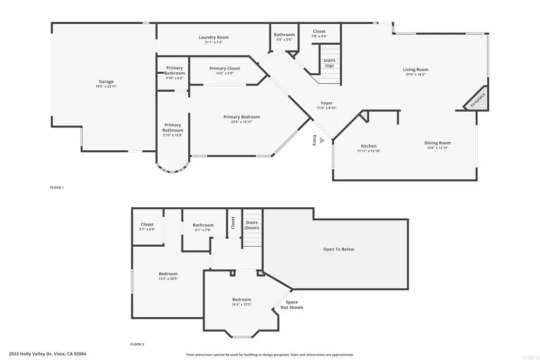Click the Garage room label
pyautogui.click(x=106, y=82)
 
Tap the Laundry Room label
pyautogui.click(x=214, y=37)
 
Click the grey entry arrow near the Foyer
pyautogui.click(x=322, y=141)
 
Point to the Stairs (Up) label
pyautogui.click(x=329, y=63)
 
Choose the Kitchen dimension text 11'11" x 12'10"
pyautogui.click(x=369, y=151)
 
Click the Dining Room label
pyautogui.click(x=438, y=143)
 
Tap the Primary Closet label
pyautogui.click(x=225, y=69)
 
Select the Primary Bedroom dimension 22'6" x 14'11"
pyautogui.click(x=242, y=122)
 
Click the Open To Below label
pyautogui.click(x=339, y=249)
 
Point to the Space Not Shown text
pyautogui.click(x=292, y=305)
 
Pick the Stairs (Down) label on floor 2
pyautogui.click(x=252, y=225)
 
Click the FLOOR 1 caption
pyautogui.click(x=56, y=188)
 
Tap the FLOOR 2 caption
pyautogui.click(x=137, y=345)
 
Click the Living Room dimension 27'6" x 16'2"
pyautogui.click(x=416, y=74)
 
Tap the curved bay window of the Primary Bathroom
pyautogui.click(x=172, y=169)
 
